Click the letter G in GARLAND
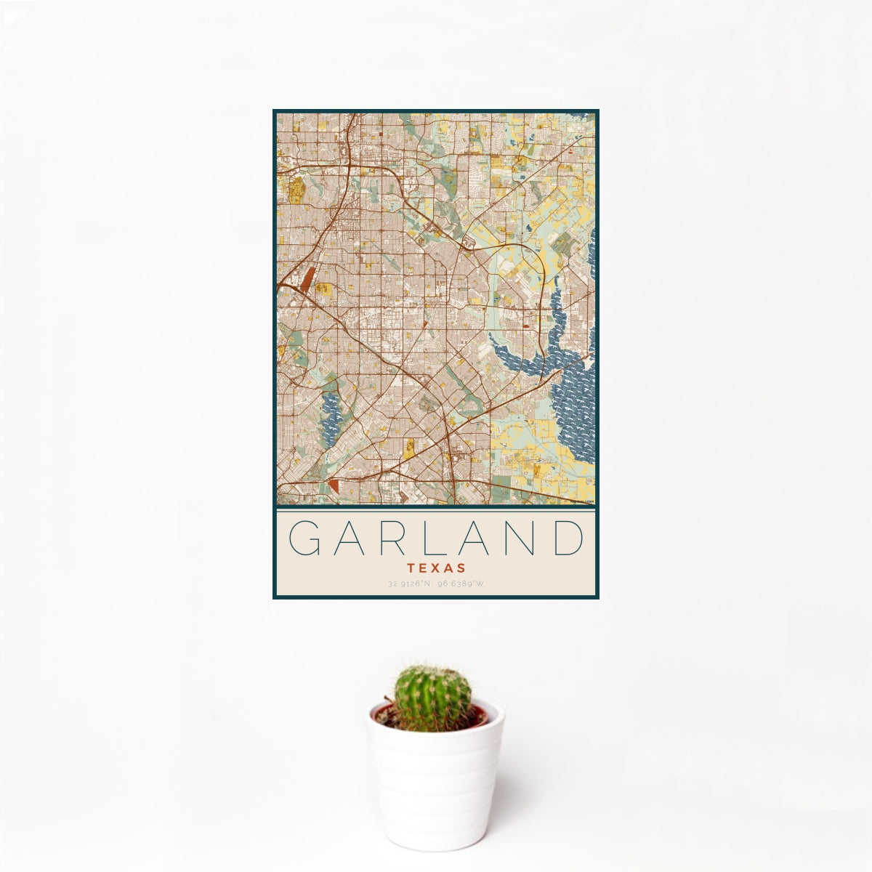coord(304,538)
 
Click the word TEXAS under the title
coord(436,568)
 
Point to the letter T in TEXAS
coord(411,568)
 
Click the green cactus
coord(432,698)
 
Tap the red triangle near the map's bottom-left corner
coord(334,485)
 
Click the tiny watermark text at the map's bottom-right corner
coord(582,501)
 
